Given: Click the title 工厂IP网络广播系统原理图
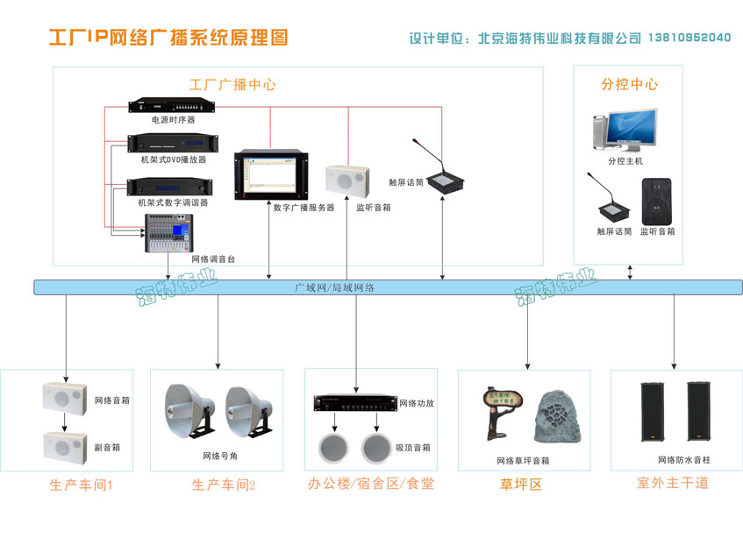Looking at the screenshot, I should [168, 38].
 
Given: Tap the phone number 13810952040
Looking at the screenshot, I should [689, 38].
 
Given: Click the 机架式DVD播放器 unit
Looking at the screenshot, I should [173, 144].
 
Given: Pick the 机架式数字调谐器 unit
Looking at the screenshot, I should [173, 186].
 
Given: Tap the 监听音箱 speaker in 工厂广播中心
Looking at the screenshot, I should [345, 181].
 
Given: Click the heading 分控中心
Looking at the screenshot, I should [629, 85].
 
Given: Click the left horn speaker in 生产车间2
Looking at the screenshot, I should [189, 407].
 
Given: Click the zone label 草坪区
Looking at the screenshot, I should [521, 484].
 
